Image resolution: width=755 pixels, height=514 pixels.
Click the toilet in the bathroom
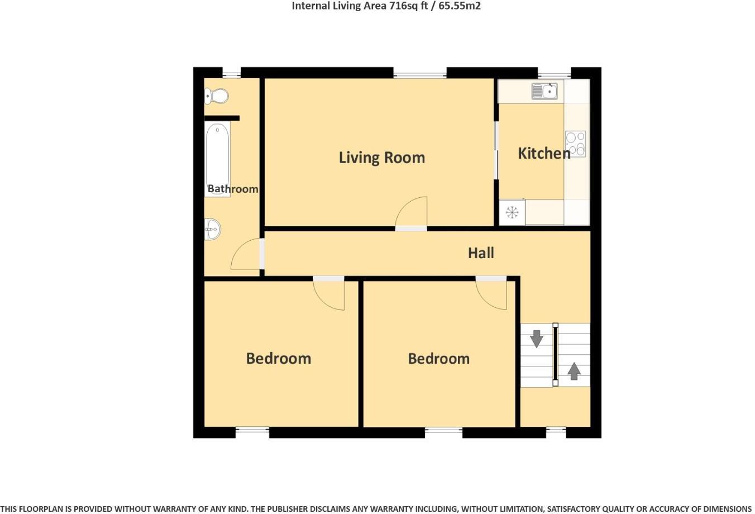[x=217, y=97]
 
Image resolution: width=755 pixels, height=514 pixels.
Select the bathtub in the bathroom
[x=217, y=151]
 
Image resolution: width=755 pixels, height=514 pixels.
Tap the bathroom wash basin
[x=212, y=229]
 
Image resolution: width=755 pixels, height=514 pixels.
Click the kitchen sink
[x=544, y=91]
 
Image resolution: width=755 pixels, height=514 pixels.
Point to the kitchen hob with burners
[x=575, y=144]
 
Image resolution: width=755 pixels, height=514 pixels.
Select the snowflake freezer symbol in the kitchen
[x=512, y=212]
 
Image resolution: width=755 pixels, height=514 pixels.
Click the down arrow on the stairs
[x=537, y=339]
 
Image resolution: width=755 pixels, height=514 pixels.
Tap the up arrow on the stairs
[x=574, y=371]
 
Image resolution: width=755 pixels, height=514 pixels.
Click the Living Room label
[x=382, y=158]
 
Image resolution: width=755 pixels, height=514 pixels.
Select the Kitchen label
[x=544, y=153]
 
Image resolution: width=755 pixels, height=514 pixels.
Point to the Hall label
[x=481, y=253]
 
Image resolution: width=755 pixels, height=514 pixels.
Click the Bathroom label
[x=233, y=189]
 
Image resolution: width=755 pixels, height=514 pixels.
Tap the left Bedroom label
[x=279, y=358]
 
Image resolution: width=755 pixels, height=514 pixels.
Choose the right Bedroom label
[x=439, y=358]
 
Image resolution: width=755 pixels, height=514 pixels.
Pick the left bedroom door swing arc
[x=329, y=294]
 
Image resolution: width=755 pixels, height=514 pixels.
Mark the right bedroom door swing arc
[x=491, y=294]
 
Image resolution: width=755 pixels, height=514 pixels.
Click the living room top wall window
[x=420, y=73]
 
